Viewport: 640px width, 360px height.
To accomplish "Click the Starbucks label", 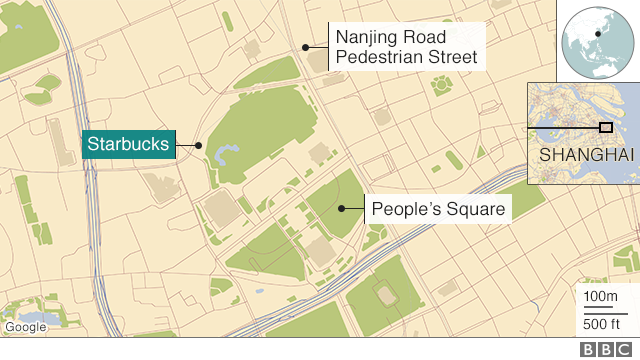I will (126, 145).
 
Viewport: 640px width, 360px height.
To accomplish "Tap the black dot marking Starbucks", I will (199, 146).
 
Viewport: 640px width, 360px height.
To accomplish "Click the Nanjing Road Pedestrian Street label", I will (405, 47).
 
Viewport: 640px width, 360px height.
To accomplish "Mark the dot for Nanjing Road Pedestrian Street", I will (304, 47).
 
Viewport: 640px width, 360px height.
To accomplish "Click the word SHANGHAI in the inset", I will (586, 156).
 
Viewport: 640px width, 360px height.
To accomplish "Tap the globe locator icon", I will (597, 39).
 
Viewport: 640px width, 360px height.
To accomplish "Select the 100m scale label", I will (600, 297).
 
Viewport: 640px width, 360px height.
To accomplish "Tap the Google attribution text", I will (25, 327).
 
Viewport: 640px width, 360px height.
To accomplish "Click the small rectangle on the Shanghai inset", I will (605, 127).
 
